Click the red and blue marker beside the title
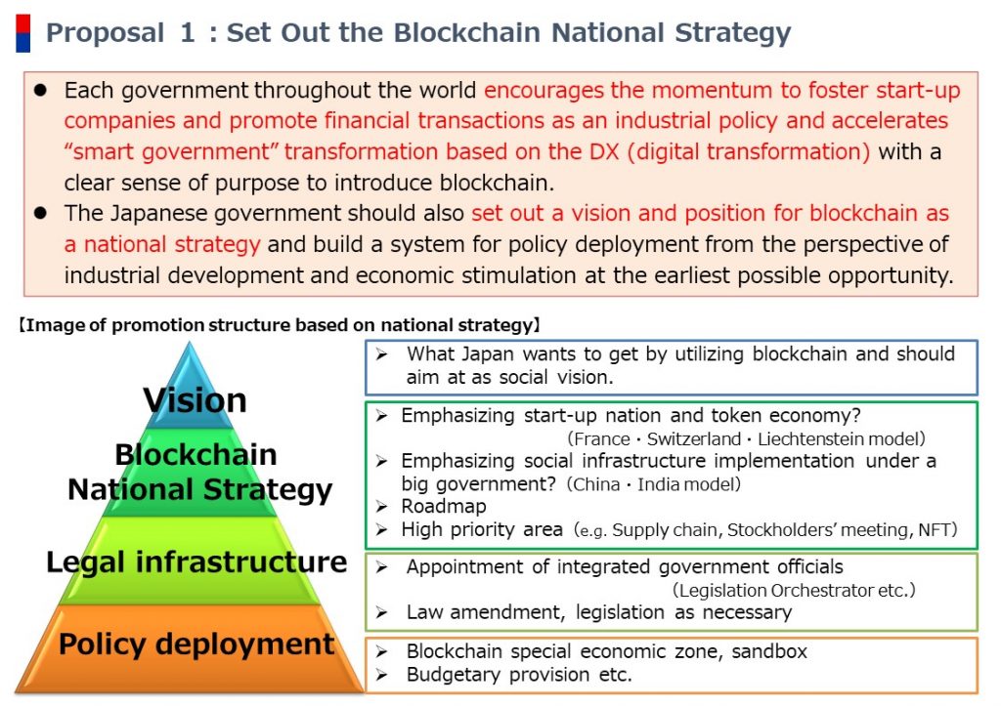[23, 33]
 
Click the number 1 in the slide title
[187, 32]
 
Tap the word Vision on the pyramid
[195, 400]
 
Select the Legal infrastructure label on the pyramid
[196, 561]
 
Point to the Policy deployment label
[196, 644]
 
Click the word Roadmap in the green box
[444, 506]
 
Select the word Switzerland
[693, 438]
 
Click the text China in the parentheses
[596, 484]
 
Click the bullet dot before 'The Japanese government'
[41, 213]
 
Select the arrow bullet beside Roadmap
[382, 507]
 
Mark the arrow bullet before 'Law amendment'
[382, 612]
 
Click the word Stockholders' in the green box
[779, 530]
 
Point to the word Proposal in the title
[106, 33]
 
